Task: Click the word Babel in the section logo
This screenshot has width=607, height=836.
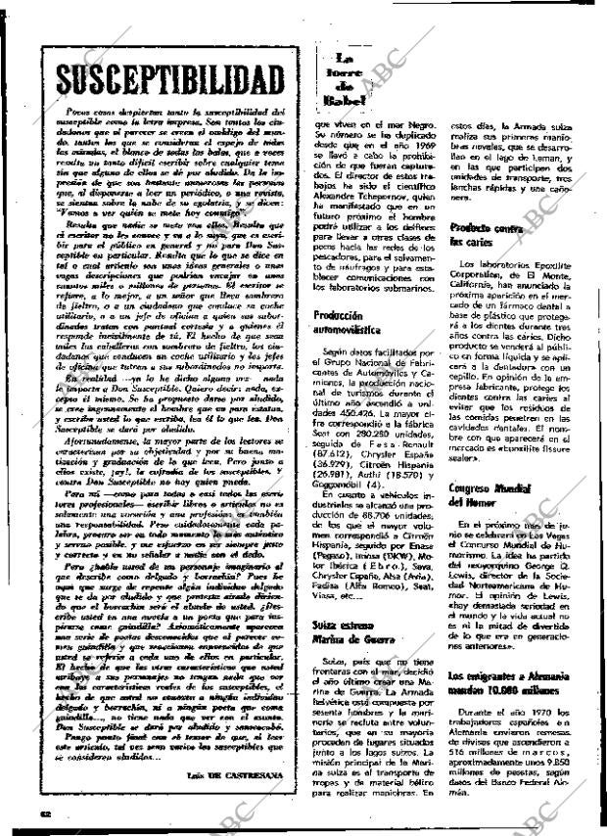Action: click(x=343, y=101)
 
